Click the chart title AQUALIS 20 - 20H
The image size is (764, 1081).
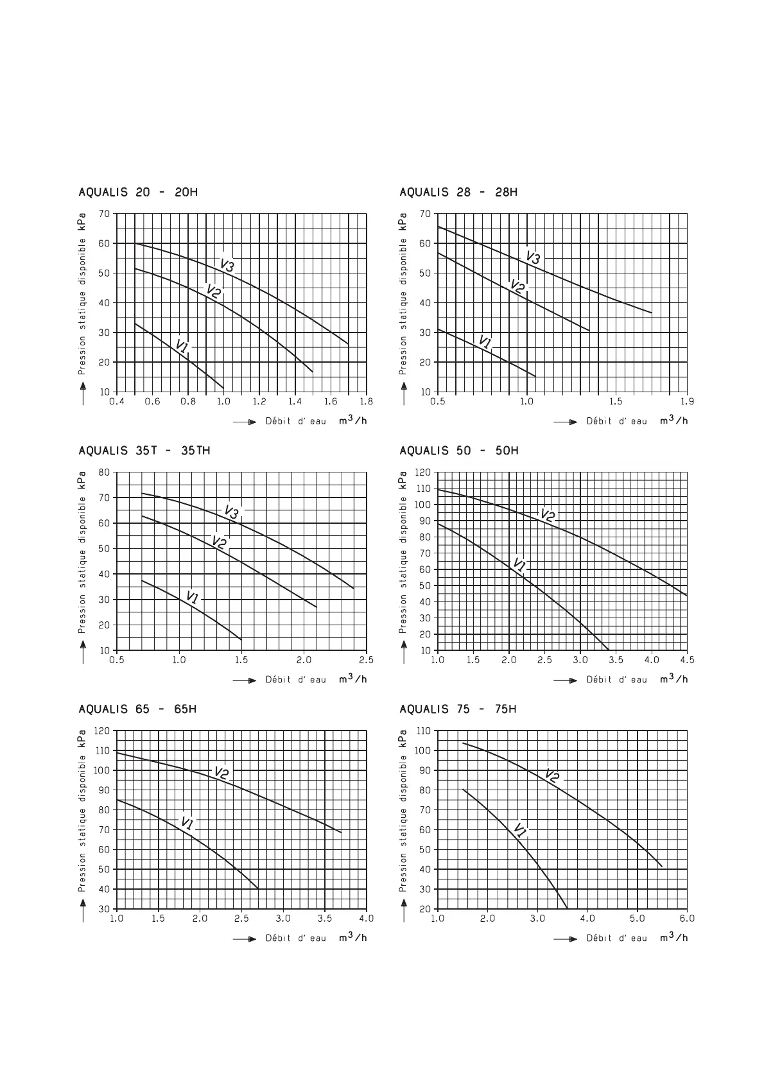coord(138,192)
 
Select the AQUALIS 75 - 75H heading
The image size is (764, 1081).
coord(458,709)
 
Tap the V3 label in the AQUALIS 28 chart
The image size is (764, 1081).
coord(533,257)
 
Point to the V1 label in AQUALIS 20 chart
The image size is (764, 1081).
coord(182,347)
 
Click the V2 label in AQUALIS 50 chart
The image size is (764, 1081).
coord(548,515)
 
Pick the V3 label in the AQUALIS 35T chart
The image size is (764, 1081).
coord(231,512)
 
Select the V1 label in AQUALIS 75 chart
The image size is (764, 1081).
coord(520,831)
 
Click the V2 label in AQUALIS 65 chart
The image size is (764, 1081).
coord(221,774)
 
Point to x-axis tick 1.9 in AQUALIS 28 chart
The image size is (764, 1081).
coord(687,402)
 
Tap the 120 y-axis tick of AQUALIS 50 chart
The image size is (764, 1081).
coord(422,472)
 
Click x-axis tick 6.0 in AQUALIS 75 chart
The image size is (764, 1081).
coord(687,919)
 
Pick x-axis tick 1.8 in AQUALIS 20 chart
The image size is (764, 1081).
coord(366,402)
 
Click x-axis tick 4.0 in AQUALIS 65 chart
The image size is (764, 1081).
coord(366,919)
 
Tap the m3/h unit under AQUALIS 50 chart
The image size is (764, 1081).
coord(673,679)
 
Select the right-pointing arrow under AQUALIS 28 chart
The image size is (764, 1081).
coord(566,422)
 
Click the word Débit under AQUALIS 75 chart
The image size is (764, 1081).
coord(600,938)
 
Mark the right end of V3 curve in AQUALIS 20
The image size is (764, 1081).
coord(349,344)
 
